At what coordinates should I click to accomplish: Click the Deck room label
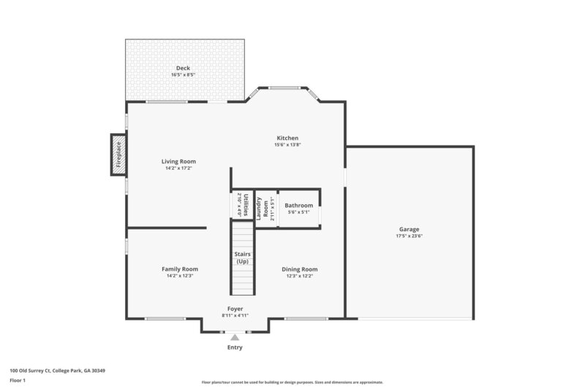click(183, 68)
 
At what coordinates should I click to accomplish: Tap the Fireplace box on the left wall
click(118, 154)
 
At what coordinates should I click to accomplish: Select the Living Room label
click(178, 162)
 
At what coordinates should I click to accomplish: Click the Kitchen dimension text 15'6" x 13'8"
click(287, 145)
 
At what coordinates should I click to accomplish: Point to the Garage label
click(409, 229)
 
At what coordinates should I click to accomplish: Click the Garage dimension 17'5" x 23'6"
click(409, 236)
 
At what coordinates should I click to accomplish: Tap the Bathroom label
click(298, 206)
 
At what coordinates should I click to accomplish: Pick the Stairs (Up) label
click(242, 258)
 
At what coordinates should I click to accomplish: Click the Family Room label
click(180, 269)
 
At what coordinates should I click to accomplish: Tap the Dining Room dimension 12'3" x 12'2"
click(300, 276)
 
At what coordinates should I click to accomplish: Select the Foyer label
click(235, 309)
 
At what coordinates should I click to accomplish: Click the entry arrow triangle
click(235, 337)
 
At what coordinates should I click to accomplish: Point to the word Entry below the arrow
click(235, 347)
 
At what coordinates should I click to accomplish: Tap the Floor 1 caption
click(18, 380)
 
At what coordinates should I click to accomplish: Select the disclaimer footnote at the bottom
click(292, 382)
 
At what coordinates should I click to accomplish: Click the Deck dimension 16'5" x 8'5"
click(183, 75)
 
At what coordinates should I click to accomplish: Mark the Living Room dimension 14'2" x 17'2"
click(178, 168)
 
